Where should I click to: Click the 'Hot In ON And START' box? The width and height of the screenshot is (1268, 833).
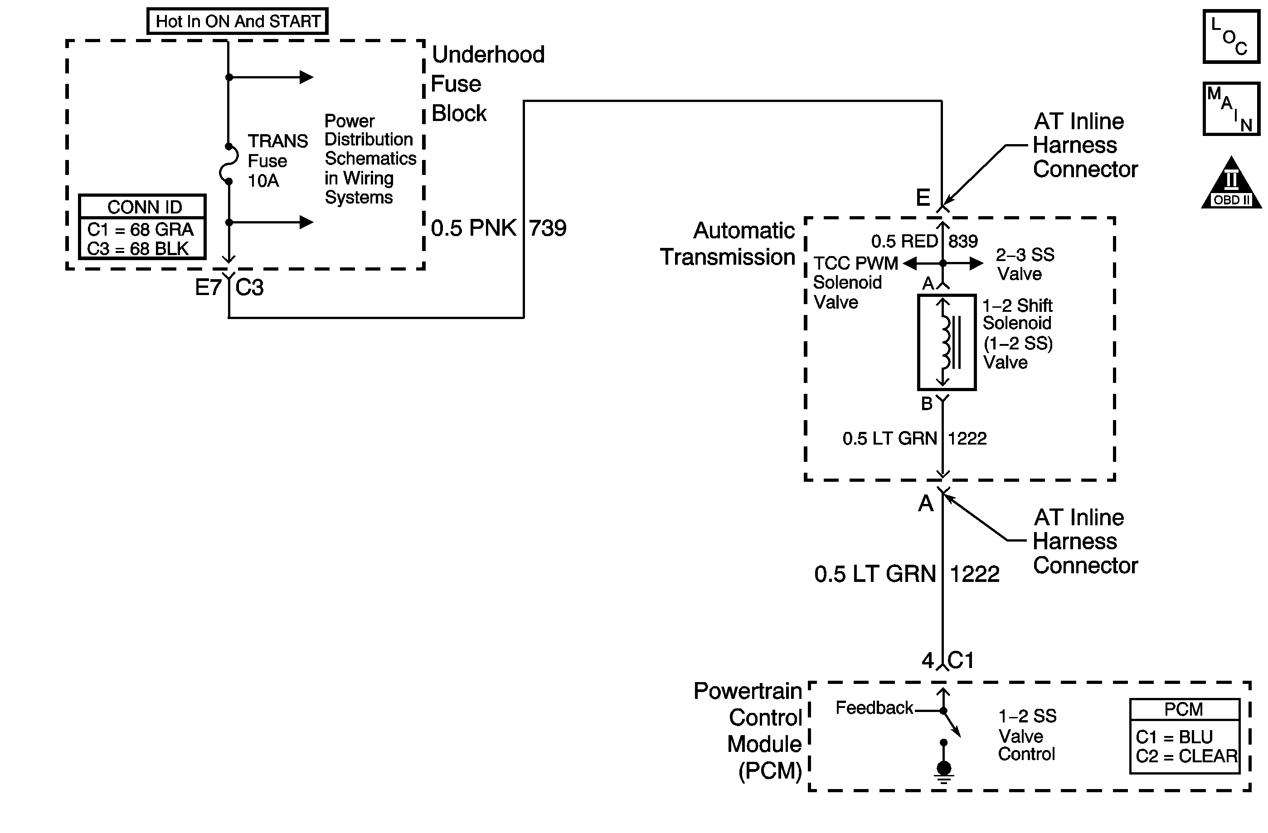pyautogui.click(x=237, y=21)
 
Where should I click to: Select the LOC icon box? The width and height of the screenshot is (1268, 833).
pyautogui.click(x=1231, y=36)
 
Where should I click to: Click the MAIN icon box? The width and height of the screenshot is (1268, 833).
pyautogui.click(x=1231, y=109)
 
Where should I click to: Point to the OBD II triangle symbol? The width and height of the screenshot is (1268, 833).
pyautogui.click(x=1231, y=183)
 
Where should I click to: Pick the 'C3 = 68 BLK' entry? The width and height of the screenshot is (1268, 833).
pyautogui.click(x=138, y=249)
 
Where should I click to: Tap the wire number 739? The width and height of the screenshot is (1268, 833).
pyautogui.click(x=548, y=228)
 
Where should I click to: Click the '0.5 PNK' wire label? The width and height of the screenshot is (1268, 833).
pyautogui.click(x=473, y=228)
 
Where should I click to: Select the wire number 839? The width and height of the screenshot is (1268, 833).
pyautogui.click(x=963, y=241)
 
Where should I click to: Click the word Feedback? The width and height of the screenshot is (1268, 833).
pyautogui.click(x=874, y=708)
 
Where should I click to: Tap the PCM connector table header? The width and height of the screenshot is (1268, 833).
pyautogui.click(x=1184, y=709)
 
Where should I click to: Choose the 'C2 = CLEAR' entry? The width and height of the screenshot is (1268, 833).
pyautogui.click(x=1186, y=756)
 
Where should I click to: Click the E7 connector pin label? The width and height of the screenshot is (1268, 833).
pyautogui.click(x=208, y=288)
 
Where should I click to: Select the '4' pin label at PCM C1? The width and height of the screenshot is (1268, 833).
pyautogui.click(x=928, y=661)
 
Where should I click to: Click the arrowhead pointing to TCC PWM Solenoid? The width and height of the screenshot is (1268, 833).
pyautogui.click(x=909, y=263)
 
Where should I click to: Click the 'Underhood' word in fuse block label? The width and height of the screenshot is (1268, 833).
pyautogui.click(x=488, y=54)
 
